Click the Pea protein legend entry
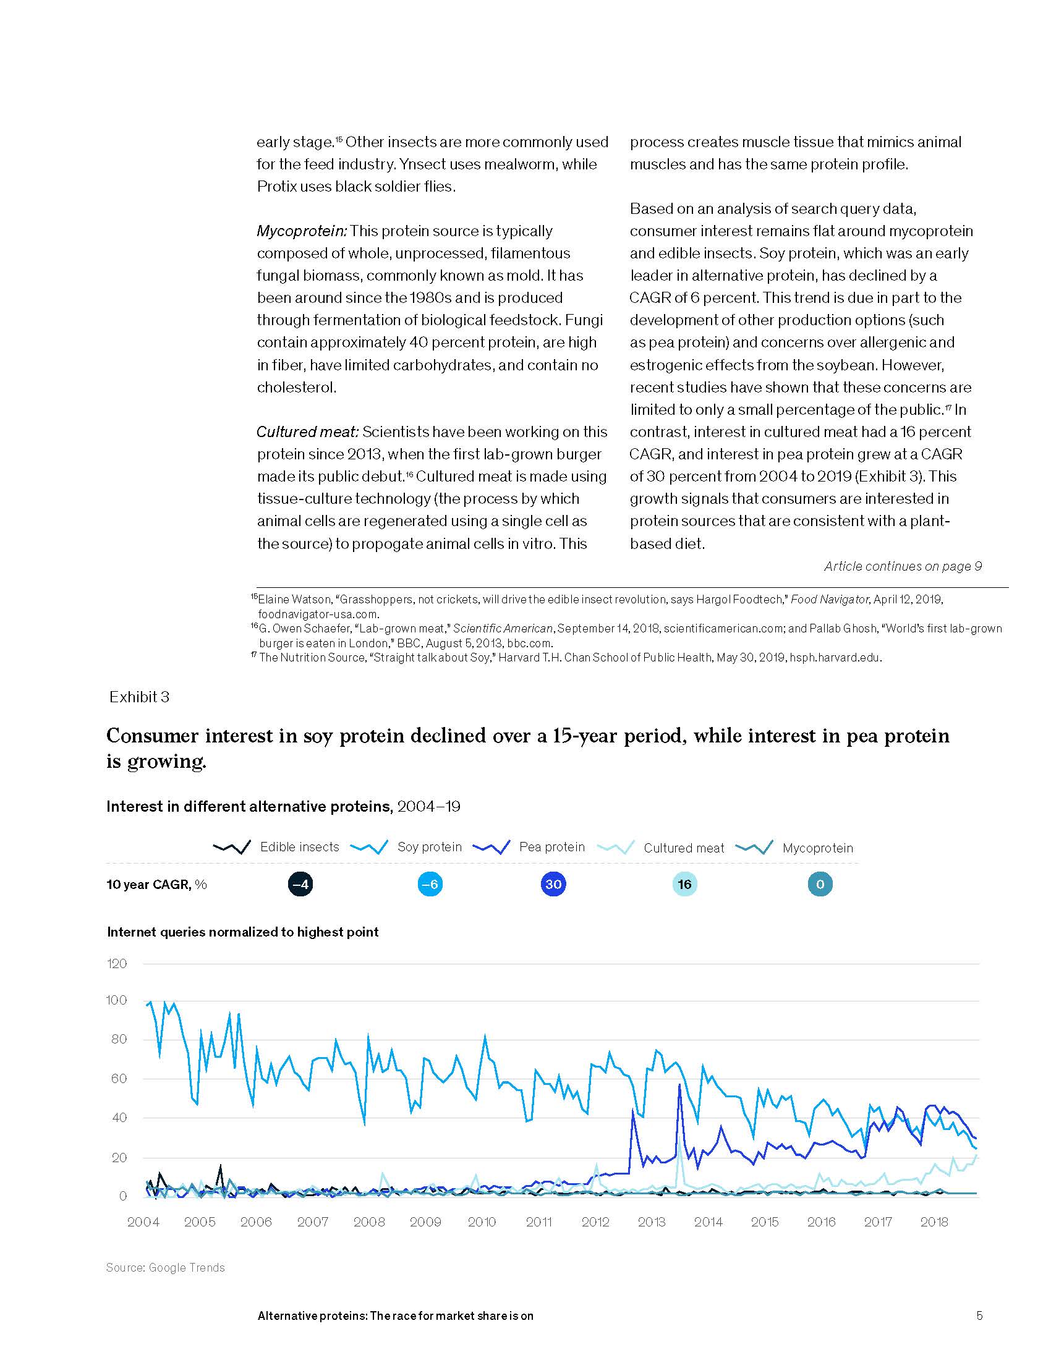pyautogui.click(x=551, y=847)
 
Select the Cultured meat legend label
pyautogui.click(x=684, y=848)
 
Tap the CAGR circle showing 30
pyautogui.click(x=553, y=884)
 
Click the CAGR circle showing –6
pyautogui.click(x=430, y=884)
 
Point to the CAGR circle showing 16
pyautogui.click(x=684, y=884)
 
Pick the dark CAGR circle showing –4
pyautogui.click(x=300, y=884)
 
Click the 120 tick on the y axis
pyautogui.click(x=117, y=964)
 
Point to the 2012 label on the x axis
pyautogui.click(x=595, y=1222)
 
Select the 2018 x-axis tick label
pyautogui.click(x=934, y=1222)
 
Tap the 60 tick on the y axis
pyautogui.click(x=119, y=1079)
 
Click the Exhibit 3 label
pyautogui.click(x=140, y=697)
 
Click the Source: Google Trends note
pyautogui.click(x=166, y=1267)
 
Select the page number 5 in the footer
pyautogui.click(x=979, y=1315)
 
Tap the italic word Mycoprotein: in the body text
pyautogui.click(x=302, y=231)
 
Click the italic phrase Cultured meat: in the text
pyautogui.click(x=308, y=432)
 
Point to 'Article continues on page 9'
pyautogui.click(x=903, y=566)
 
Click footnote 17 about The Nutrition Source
pyautogui.click(x=566, y=658)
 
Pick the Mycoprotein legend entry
pyautogui.click(x=817, y=848)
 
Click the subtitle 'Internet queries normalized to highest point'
pyautogui.click(x=243, y=932)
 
